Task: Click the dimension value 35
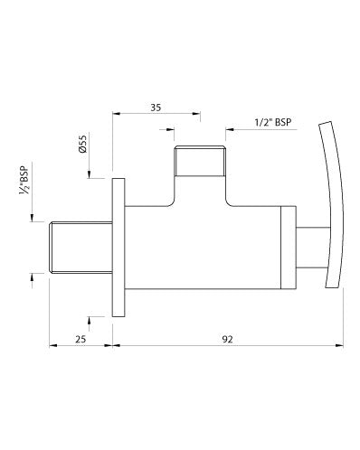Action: [156, 107]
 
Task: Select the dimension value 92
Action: [228, 339]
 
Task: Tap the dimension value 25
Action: [81, 339]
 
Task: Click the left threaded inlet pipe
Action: [80, 247]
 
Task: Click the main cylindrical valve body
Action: [199, 248]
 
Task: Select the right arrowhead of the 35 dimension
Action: [197, 114]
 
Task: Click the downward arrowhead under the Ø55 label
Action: [90, 174]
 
